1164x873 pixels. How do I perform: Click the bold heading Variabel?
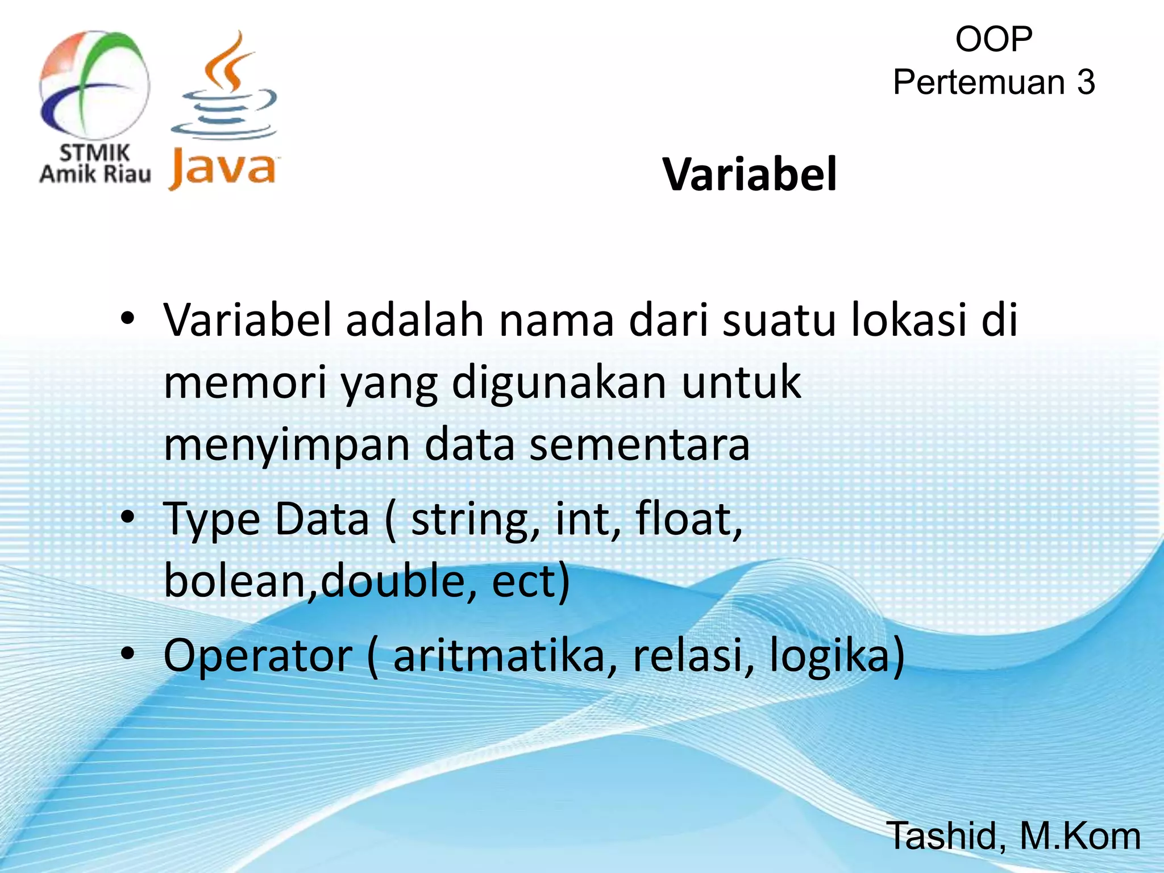click(749, 174)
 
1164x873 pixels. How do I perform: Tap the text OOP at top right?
click(993, 39)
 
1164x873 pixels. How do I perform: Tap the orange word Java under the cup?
click(222, 169)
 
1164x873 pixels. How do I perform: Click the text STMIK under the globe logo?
click(95, 152)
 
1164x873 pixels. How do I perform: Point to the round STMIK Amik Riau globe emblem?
click(94, 85)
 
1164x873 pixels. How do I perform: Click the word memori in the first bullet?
click(245, 383)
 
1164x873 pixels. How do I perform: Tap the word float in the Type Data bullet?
click(685, 519)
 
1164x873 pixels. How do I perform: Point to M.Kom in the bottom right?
click(1080, 836)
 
